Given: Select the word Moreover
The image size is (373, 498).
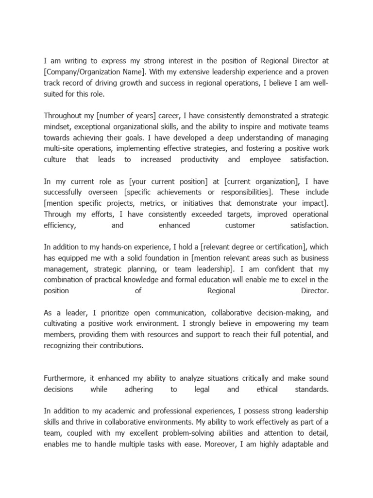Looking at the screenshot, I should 231,445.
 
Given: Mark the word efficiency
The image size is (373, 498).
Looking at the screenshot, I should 60,226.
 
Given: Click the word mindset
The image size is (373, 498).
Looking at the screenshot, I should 58,126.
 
